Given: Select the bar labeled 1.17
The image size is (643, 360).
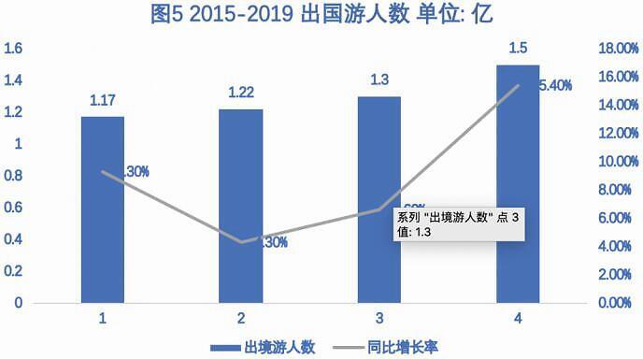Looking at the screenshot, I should pyautogui.click(x=102, y=209).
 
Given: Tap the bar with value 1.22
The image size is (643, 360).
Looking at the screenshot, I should pyautogui.click(x=241, y=206).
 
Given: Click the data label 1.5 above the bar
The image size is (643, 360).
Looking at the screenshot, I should pyautogui.click(x=518, y=47).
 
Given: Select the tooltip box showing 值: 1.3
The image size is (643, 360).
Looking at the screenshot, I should pyautogui.click(x=459, y=222).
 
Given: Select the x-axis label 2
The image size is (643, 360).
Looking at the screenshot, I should pyautogui.click(x=241, y=318).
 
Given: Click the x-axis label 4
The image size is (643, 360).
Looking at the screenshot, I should pyautogui.click(x=518, y=318).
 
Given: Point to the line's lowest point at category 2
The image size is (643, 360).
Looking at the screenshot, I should pyautogui.click(x=241, y=242).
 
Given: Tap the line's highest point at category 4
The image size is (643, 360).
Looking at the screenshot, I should pyautogui.click(x=518, y=86).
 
